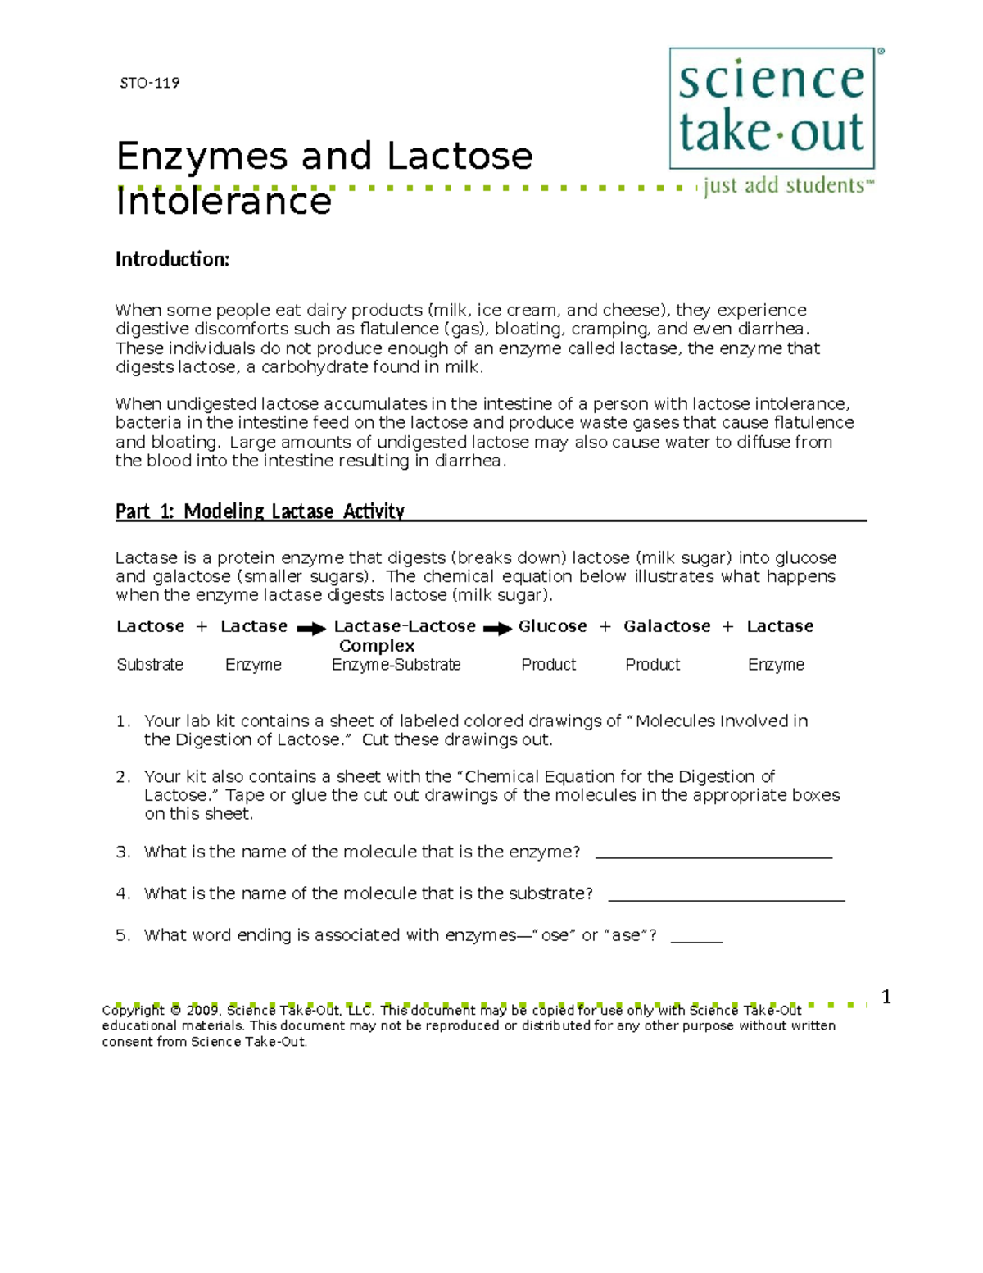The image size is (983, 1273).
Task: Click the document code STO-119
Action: tap(149, 83)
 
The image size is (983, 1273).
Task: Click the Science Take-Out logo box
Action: tap(772, 108)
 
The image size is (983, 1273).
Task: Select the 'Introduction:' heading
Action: tap(172, 260)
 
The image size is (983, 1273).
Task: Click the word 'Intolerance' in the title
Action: tap(224, 202)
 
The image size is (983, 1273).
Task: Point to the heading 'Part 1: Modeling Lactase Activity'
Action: tap(260, 511)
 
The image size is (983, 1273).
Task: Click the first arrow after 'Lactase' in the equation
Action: tap(311, 629)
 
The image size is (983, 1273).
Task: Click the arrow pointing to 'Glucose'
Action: tap(497, 629)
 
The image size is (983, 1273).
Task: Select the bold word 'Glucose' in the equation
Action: tap(552, 626)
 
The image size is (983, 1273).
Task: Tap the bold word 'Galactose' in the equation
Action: tap(667, 626)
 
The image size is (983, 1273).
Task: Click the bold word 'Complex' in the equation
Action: tap(377, 646)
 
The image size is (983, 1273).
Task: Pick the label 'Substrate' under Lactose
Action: tap(150, 665)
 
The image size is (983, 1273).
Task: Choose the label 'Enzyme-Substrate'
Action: tap(396, 665)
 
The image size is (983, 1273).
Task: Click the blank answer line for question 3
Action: tap(713, 857)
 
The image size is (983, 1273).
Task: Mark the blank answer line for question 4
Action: tap(726, 898)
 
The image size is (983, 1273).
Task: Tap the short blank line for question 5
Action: tap(696, 941)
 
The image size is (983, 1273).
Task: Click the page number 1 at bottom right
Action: tap(886, 997)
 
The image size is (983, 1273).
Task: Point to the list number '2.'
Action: tap(123, 776)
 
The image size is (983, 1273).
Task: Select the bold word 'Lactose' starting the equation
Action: tap(151, 626)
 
